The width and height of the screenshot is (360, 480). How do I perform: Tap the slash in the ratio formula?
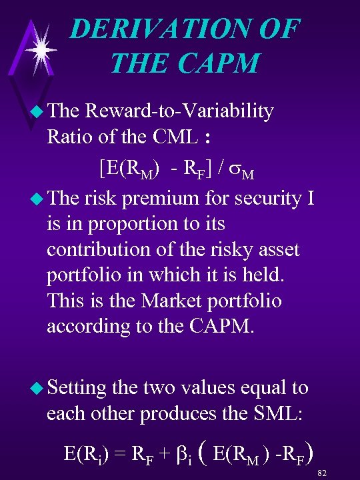[x=219, y=165]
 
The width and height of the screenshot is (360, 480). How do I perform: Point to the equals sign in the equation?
[x=121, y=455]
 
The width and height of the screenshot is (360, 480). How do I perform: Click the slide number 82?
[x=323, y=473]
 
